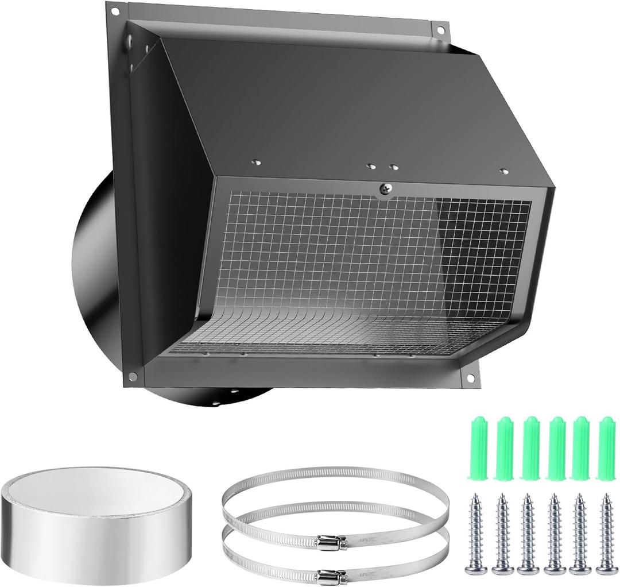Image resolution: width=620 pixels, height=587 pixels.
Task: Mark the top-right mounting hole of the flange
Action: click(x=440, y=30)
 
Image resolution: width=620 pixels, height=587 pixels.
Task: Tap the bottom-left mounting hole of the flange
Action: click(x=133, y=376)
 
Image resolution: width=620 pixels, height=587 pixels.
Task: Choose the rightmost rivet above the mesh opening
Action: click(x=504, y=171)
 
